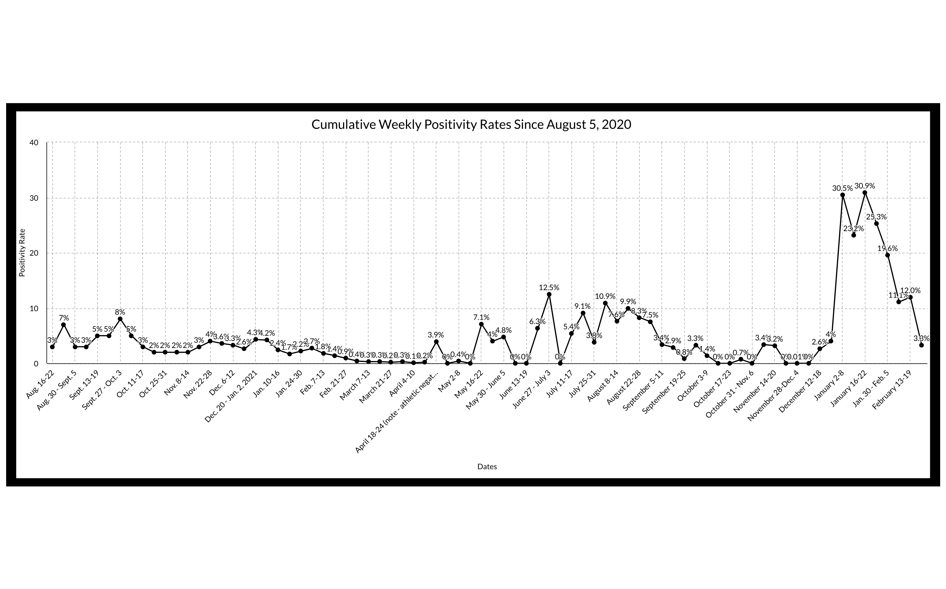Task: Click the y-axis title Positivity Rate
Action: point(22,253)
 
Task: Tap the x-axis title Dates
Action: point(487,466)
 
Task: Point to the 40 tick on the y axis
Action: point(34,143)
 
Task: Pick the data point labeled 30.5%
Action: point(842,195)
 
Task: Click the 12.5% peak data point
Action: point(549,294)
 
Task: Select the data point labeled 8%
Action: point(120,319)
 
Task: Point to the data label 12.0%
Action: point(911,290)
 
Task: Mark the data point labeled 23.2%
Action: point(854,235)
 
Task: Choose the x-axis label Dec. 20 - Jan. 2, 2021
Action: point(232,401)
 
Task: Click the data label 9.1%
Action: point(582,306)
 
